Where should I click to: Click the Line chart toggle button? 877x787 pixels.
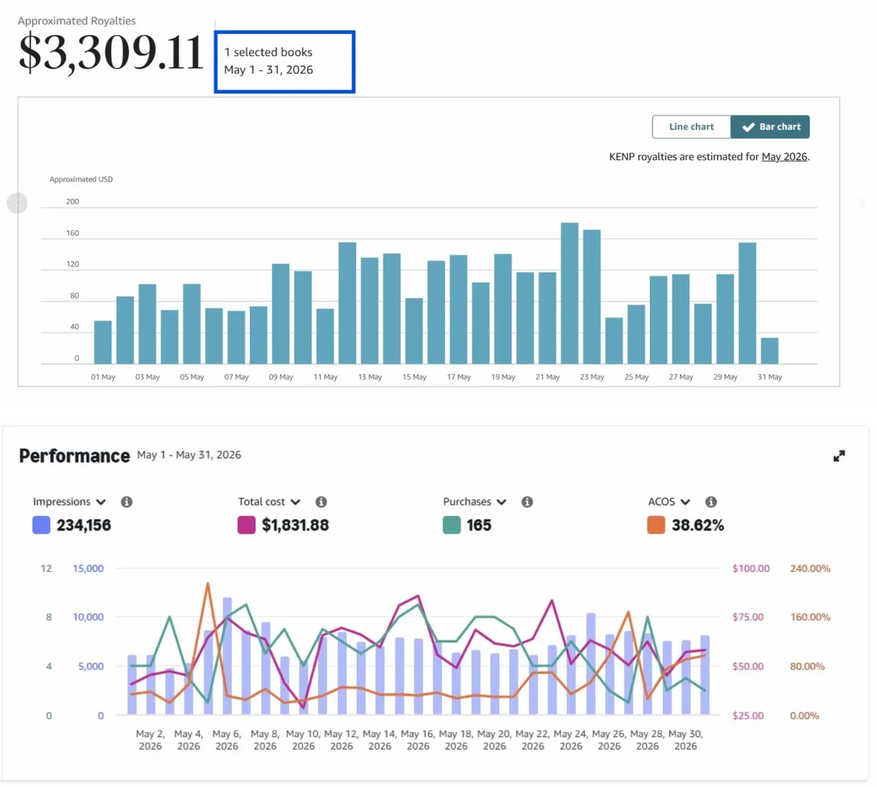(x=691, y=127)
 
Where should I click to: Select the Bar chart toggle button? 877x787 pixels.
(x=770, y=127)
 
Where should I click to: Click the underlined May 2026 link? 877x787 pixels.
(x=784, y=157)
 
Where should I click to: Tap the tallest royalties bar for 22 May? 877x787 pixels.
(x=569, y=293)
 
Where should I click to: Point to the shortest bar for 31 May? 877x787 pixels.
(x=770, y=350)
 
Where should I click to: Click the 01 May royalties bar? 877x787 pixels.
(x=102, y=342)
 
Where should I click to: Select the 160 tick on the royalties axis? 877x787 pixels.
(x=73, y=233)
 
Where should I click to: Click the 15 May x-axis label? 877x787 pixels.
(x=414, y=377)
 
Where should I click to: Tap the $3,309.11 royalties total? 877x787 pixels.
(x=111, y=53)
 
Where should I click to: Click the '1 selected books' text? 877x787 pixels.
(x=268, y=52)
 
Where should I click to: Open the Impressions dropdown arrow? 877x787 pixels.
(x=101, y=502)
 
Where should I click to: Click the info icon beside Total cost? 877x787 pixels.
(x=321, y=502)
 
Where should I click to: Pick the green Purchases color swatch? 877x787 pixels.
(x=452, y=525)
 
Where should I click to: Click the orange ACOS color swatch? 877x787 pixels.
(x=656, y=525)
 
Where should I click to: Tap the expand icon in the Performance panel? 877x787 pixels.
(x=839, y=456)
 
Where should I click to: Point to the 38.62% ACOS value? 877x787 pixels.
(x=697, y=525)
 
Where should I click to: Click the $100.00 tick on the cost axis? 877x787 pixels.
(x=751, y=568)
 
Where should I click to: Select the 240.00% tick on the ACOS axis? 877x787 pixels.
(x=810, y=568)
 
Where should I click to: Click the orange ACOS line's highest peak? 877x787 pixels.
(x=208, y=584)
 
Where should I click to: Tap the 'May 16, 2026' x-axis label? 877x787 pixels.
(x=418, y=739)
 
